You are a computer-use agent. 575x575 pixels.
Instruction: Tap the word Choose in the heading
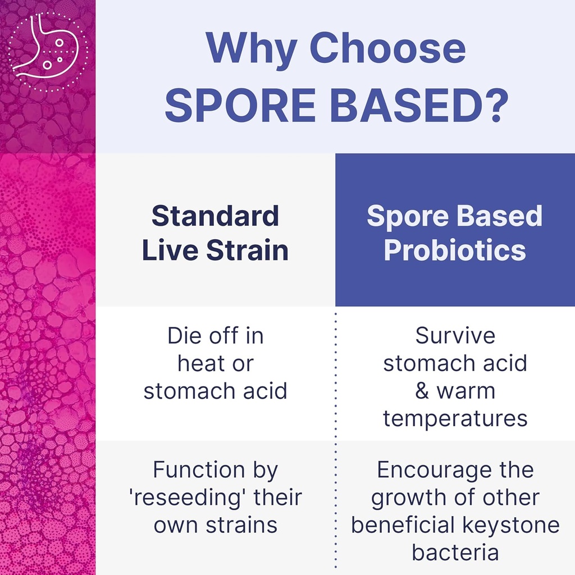coord(388,49)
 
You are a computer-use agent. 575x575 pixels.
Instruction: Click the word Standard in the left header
coord(215,216)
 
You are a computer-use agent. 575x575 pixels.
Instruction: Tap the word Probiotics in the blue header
coord(455,250)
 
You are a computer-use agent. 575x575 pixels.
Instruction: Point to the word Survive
coord(455,336)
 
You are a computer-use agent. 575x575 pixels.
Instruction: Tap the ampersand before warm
coord(422,391)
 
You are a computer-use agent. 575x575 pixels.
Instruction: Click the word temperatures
coord(455,418)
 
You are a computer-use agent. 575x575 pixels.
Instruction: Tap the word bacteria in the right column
coord(455,553)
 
